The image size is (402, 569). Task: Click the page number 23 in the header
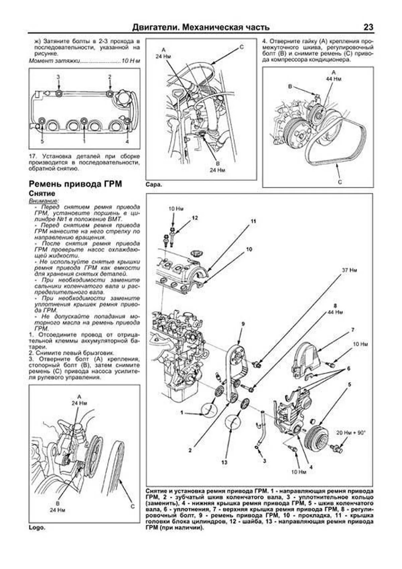[x=368, y=27]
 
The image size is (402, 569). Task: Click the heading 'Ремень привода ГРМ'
[x=75, y=184]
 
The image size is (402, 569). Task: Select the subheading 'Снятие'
[x=42, y=193]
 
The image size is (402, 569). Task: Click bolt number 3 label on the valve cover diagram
[x=58, y=77]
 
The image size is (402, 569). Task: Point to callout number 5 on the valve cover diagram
[x=42, y=141]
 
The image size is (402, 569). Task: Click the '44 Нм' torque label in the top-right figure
[x=333, y=79]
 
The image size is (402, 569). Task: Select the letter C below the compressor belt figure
[x=340, y=182]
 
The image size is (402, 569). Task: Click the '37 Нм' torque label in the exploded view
[x=349, y=270]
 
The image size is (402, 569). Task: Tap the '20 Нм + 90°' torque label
[x=350, y=433]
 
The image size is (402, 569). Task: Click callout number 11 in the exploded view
[x=253, y=221]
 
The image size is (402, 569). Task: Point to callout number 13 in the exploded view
[x=224, y=462]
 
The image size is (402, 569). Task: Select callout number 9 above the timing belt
[x=243, y=324]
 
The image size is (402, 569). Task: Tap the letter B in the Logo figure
[x=58, y=504]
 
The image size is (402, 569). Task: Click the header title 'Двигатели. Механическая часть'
[x=201, y=27]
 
